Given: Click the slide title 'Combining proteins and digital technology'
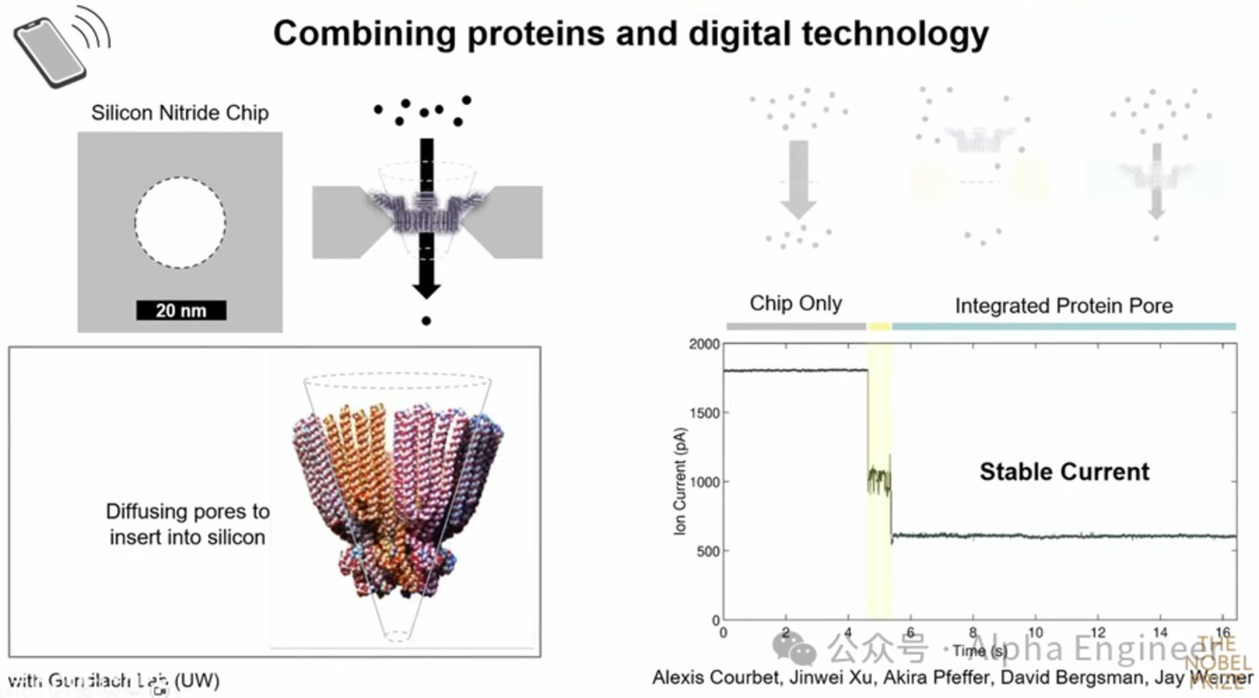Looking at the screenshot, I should click(x=630, y=33).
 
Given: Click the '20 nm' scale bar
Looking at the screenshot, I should click(x=180, y=311).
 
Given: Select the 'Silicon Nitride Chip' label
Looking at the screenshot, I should click(x=179, y=113).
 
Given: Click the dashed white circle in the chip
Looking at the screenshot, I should click(x=179, y=222).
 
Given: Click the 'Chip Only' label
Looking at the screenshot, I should click(x=795, y=304).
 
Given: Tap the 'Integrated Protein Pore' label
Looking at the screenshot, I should click(x=1063, y=305).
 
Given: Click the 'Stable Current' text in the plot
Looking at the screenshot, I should click(x=1064, y=472).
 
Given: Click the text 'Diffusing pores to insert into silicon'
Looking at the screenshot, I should click(x=187, y=524).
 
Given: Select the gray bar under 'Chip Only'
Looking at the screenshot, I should click(x=795, y=326).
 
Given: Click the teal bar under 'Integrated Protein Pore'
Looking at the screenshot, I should click(x=1063, y=326).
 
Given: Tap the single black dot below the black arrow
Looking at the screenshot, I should click(x=426, y=321).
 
